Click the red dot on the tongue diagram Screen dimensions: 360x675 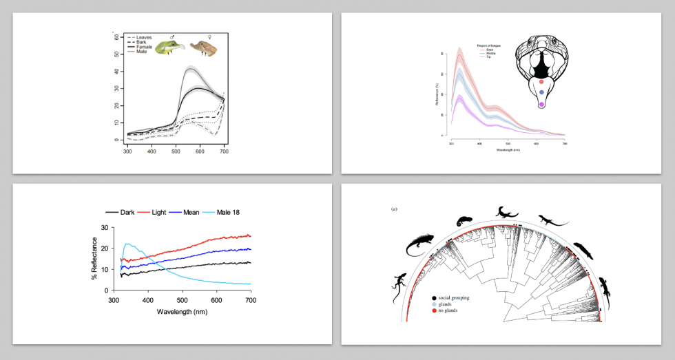pos(541,81)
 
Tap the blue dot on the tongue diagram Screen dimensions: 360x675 pos(541,92)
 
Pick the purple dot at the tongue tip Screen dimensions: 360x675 pos(541,104)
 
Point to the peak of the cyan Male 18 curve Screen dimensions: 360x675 pos(126,244)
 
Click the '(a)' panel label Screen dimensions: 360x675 pos(394,209)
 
